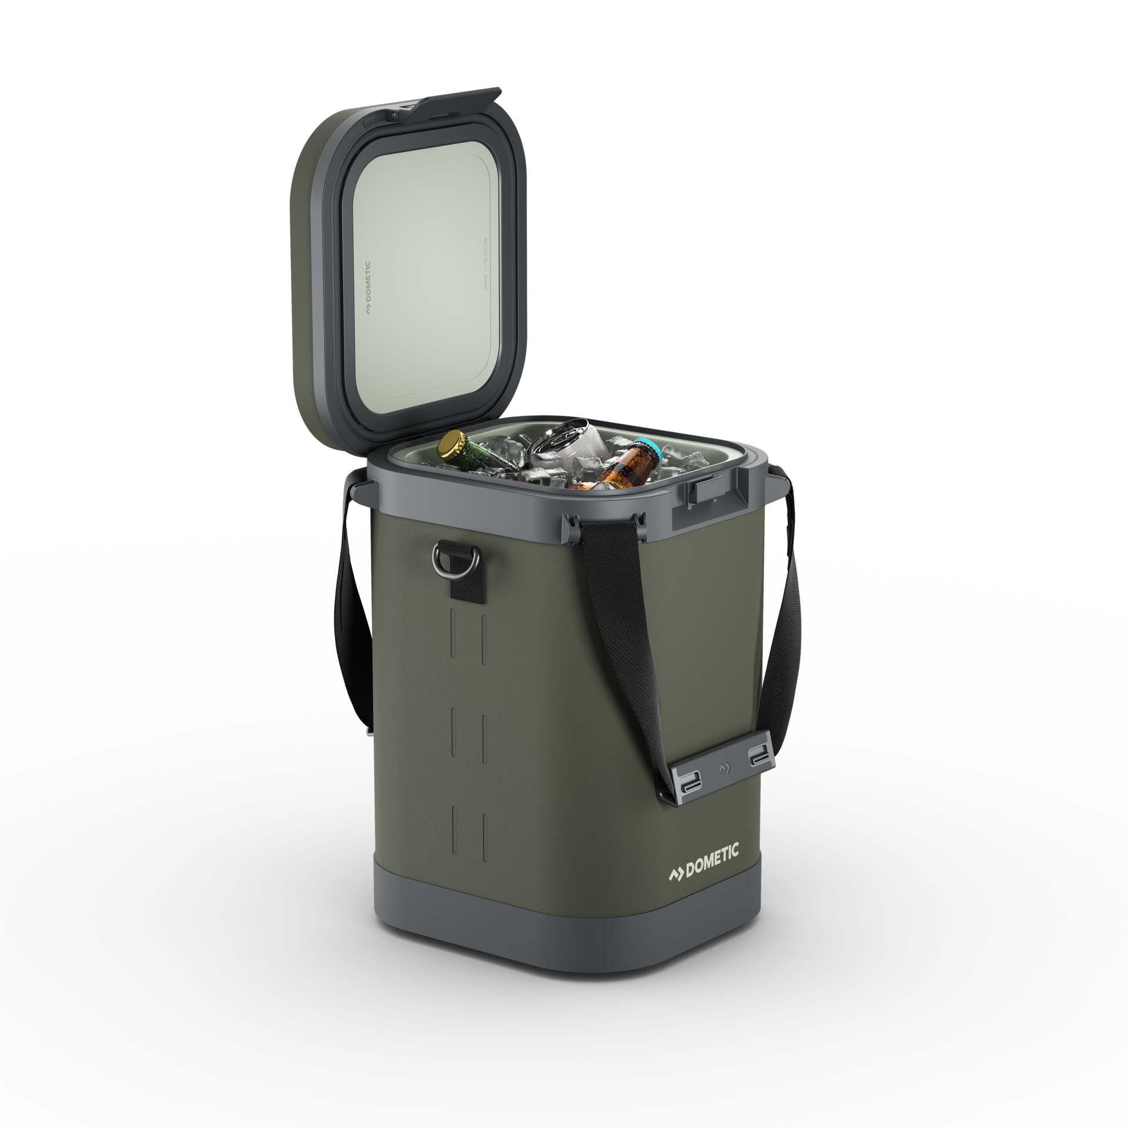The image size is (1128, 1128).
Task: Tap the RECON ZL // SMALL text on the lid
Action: tap(486, 264)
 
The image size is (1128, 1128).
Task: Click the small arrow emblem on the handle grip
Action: tap(723, 767)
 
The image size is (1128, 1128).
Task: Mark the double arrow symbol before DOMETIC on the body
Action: tap(676, 874)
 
